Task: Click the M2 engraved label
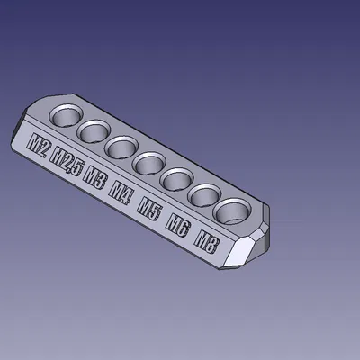tap(40, 145)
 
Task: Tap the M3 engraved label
tap(94, 176)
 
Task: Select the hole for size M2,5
tap(94, 131)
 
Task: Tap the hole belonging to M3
tap(120, 147)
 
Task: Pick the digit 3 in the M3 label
tap(100, 179)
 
